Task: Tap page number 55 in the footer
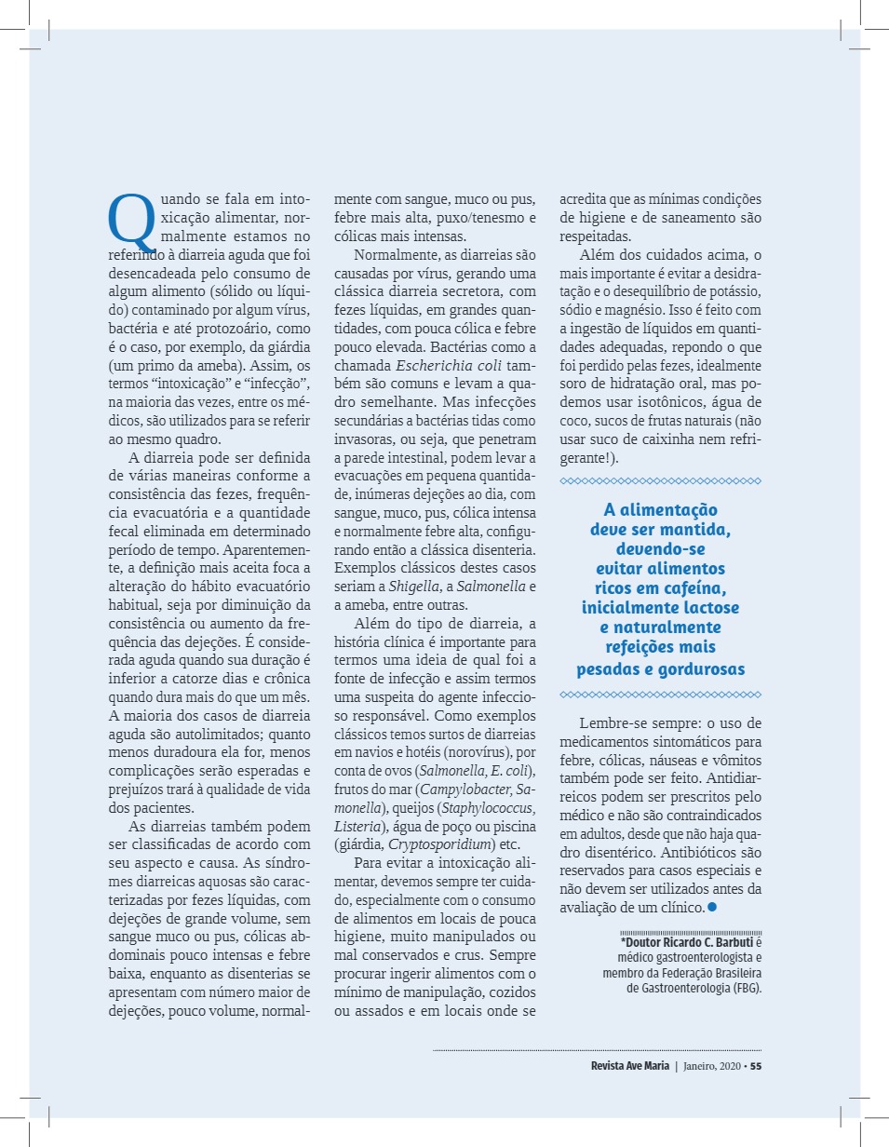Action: click(756, 1066)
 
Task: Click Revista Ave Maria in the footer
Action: click(629, 1066)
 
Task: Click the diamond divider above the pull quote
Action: click(661, 480)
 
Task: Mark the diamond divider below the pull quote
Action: click(661, 695)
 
